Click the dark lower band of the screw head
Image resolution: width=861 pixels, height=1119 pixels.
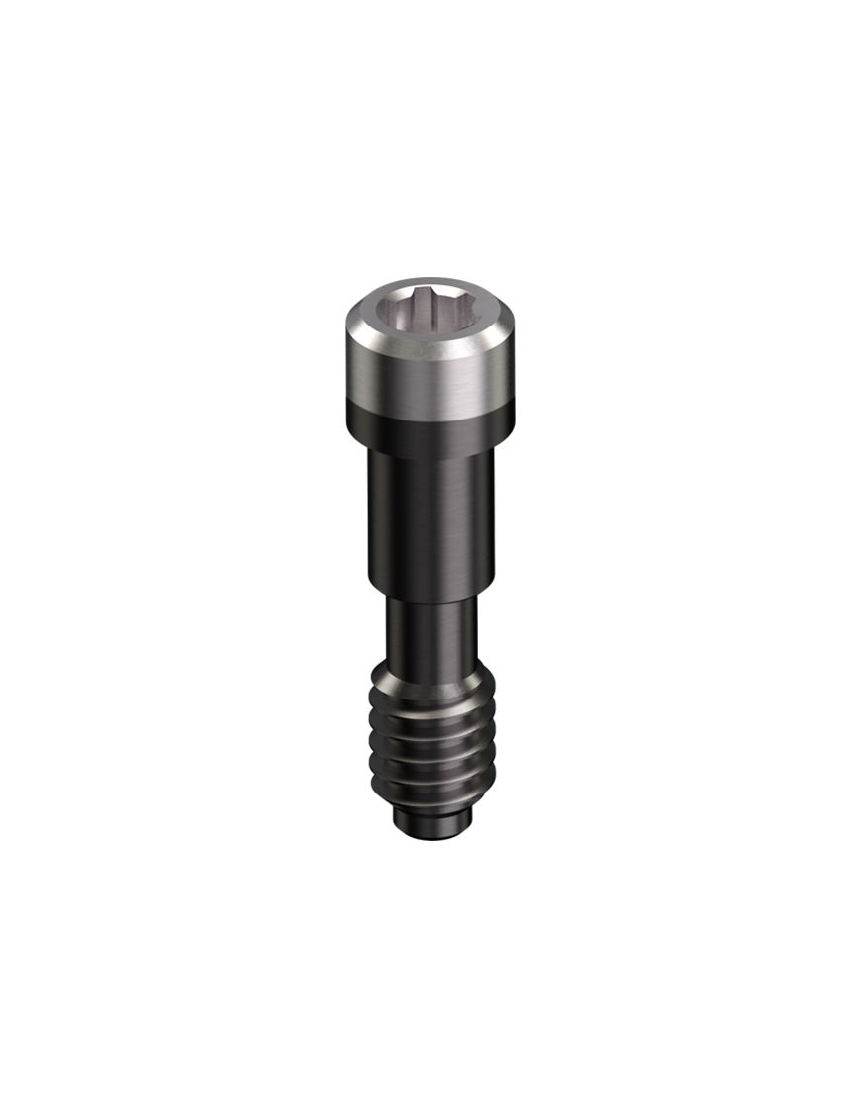(x=429, y=433)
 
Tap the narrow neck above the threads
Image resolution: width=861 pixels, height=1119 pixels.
(x=430, y=633)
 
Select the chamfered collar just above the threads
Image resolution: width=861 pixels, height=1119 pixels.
(x=430, y=679)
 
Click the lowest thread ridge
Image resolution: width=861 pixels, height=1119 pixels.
(x=430, y=797)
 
